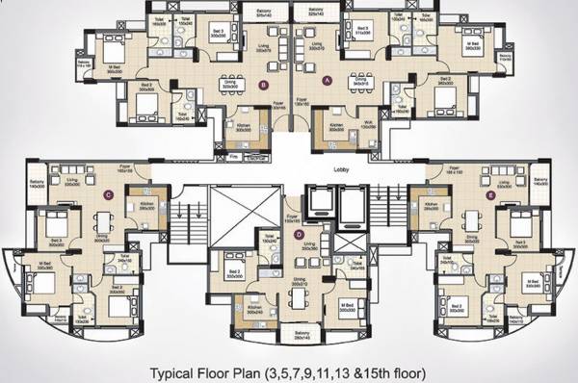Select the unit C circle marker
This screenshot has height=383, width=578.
[109, 194]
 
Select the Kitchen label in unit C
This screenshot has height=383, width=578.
[147, 204]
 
